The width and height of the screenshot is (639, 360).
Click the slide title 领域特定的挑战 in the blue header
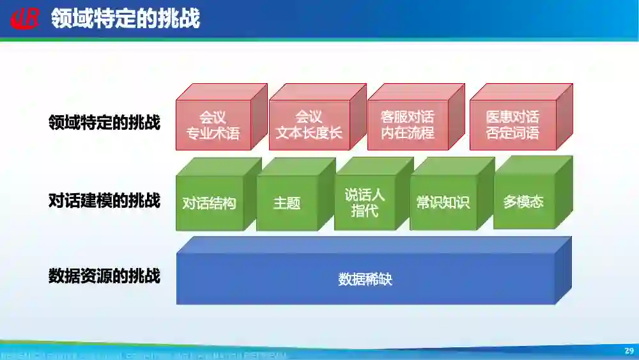click(125, 19)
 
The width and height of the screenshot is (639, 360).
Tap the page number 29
click(629, 351)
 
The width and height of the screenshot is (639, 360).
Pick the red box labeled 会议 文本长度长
click(309, 125)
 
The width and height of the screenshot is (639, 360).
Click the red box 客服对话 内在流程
click(407, 125)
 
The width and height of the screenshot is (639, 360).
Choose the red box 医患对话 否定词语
click(512, 125)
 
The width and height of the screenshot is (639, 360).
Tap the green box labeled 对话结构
click(209, 203)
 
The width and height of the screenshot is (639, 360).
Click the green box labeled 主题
click(287, 203)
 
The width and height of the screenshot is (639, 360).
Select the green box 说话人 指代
click(365, 202)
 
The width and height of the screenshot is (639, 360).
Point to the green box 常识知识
click(443, 203)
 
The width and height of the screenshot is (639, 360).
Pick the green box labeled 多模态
click(523, 201)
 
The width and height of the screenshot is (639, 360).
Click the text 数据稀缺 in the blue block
click(364, 279)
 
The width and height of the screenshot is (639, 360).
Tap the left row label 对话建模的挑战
click(104, 200)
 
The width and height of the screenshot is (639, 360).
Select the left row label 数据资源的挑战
click(104, 276)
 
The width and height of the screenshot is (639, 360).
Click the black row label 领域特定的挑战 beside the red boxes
click(104, 122)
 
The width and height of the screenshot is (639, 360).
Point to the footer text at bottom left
click(144, 354)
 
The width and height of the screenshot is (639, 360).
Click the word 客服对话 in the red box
click(407, 117)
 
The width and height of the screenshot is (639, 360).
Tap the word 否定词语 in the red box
click(512, 134)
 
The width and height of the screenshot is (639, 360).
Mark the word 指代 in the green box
click(365, 210)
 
